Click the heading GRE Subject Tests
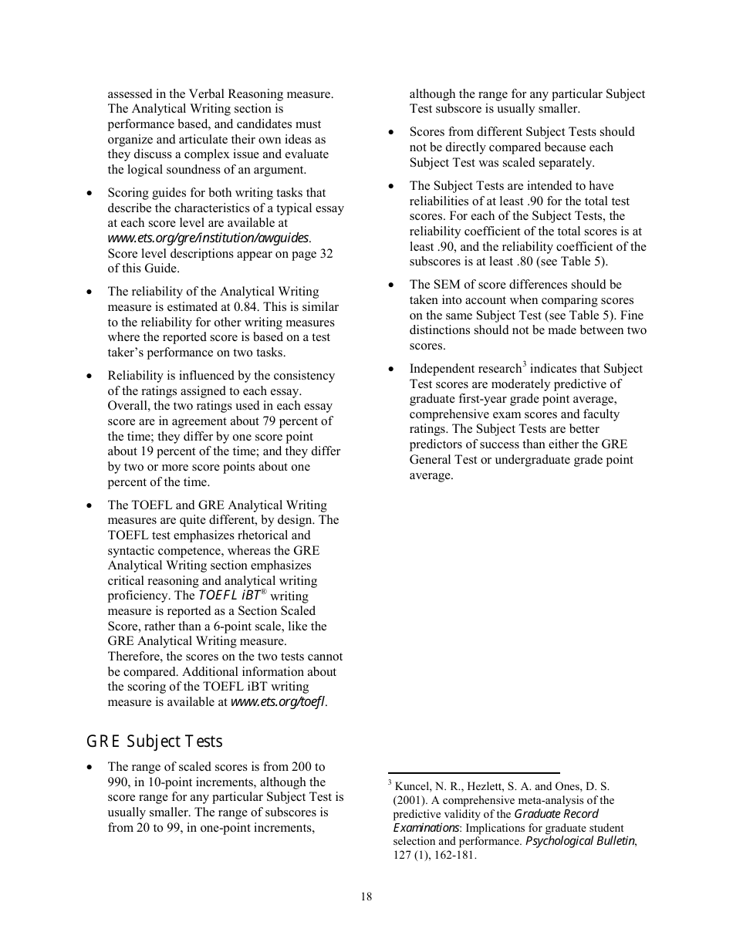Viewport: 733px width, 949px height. (154, 741)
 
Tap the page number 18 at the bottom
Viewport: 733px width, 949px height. (366, 897)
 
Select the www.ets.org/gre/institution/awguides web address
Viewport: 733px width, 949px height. (208, 238)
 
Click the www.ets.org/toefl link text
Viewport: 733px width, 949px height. (278, 702)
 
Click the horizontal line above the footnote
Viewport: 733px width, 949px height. (473, 772)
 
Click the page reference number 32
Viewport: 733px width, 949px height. (325, 254)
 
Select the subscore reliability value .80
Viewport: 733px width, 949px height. (541, 262)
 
